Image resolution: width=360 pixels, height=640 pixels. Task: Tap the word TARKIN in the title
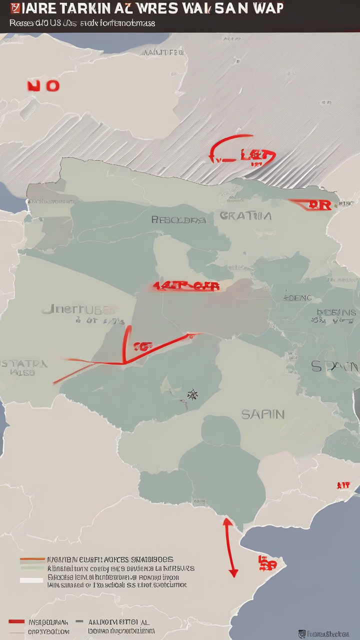tap(83, 8)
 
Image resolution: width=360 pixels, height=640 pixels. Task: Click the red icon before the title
tap(14, 8)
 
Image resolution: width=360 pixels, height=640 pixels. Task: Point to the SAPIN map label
tap(262, 414)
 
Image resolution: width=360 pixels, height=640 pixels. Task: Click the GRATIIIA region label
tap(245, 216)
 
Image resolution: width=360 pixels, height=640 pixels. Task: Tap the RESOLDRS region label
tap(178, 219)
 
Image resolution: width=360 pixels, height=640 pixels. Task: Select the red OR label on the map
tap(319, 204)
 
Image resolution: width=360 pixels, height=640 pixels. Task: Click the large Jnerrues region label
tap(80, 310)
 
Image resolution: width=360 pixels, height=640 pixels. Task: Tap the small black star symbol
tap(192, 395)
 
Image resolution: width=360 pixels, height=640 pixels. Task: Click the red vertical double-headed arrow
tap(230, 547)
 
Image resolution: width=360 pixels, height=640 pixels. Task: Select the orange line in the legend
tap(31, 559)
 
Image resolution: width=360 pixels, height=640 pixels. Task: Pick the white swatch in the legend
tap(31, 580)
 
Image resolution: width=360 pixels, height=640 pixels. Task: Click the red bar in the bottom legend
tap(16, 621)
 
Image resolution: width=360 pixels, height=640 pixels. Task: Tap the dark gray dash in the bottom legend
tap(78, 621)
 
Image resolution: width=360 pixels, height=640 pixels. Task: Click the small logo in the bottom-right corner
tap(301, 633)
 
